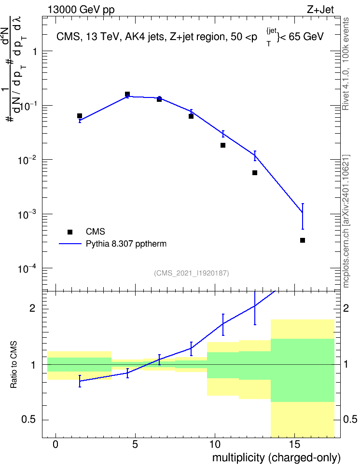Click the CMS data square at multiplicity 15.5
pos(302,240)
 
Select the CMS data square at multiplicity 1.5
pos(79,116)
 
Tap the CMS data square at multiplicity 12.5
pos(255,173)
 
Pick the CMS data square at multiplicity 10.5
pos(222,145)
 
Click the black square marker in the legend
pos(70,232)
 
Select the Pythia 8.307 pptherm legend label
pos(126,244)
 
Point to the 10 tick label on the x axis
pos(215,444)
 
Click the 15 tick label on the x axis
pos(294,444)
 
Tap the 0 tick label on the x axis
pos(55,444)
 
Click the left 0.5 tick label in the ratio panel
pos(29,420)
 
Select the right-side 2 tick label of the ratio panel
pos(346,308)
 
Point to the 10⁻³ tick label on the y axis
pos(27,214)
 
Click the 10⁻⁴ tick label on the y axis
pos(27,269)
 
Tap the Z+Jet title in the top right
pos(320,10)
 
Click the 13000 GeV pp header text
pos(81,10)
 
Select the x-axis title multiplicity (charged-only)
pos(277,458)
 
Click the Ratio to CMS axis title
pos(14,365)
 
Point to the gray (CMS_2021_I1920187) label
pos(192,273)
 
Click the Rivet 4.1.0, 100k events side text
pos(346,64)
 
